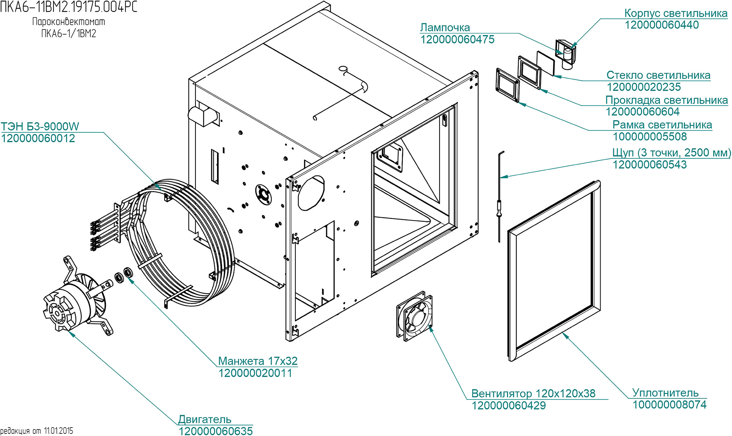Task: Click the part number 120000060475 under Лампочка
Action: click(x=457, y=40)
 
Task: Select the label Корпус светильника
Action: click(x=676, y=13)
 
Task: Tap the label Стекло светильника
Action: click(x=658, y=75)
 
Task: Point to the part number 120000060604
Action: click(x=642, y=112)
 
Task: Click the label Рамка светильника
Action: click(x=662, y=125)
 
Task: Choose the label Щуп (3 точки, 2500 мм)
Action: click(x=671, y=153)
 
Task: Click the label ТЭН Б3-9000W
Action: click(x=40, y=127)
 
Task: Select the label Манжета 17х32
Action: click(x=258, y=361)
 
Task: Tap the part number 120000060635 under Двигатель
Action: click(x=216, y=431)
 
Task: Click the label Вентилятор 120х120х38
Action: click(x=533, y=393)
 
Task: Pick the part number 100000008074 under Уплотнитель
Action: click(x=669, y=405)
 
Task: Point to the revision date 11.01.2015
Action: click(x=59, y=431)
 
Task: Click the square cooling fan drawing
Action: click(x=414, y=316)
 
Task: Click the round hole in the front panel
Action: click(x=311, y=193)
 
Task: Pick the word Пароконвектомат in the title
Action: click(x=68, y=22)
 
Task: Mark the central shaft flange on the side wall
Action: click(x=263, y=194)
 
